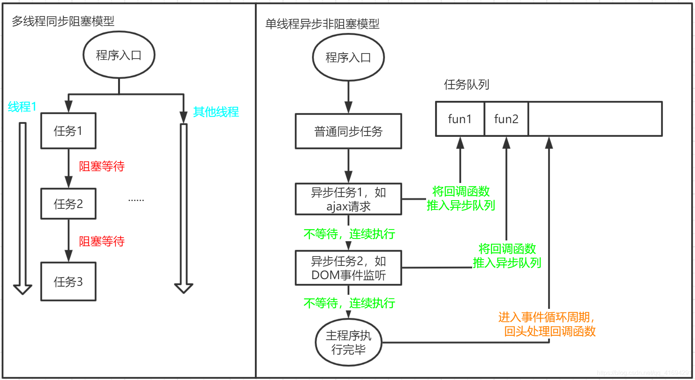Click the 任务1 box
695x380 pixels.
[x=68, y=131]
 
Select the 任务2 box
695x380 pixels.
[x=68, y=204]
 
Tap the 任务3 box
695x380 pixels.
[x=68, y=281]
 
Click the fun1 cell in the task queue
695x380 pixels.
[x=460, y=119]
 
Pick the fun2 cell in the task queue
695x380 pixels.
[x=506, y=119]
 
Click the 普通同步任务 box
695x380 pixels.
[x=348, y=131]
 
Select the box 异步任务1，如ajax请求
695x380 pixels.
[x=348, y=199]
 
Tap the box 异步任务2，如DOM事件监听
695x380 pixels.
[x=348, y=268]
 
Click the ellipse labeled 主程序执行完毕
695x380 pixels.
[x=348, y=342]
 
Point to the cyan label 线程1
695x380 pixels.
[x=22, y=107]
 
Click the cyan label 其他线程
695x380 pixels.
[x=216, y=112]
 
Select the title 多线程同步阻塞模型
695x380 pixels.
[x=63, y=21]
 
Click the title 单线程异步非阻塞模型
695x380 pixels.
[x=322, y=24]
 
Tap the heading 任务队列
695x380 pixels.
[x=466, y=84]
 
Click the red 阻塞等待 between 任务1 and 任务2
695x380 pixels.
[x=102, y=166]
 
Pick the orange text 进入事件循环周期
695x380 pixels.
[x=546, y=317]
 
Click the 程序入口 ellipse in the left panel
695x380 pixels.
[x=119, y=55]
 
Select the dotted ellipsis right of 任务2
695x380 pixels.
[x=136, y=200]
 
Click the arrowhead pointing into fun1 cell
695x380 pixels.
[x=460, y=143]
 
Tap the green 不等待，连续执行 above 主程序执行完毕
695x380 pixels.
[x=349, y=303]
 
